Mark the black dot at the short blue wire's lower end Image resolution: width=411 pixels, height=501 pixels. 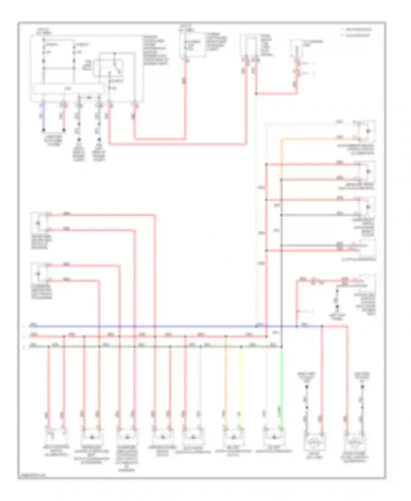[x=43, y=130]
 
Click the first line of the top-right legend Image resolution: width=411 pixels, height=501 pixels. [x=358, y=29]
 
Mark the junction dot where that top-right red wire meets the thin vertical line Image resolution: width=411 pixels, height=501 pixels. [x=256, y=94]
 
